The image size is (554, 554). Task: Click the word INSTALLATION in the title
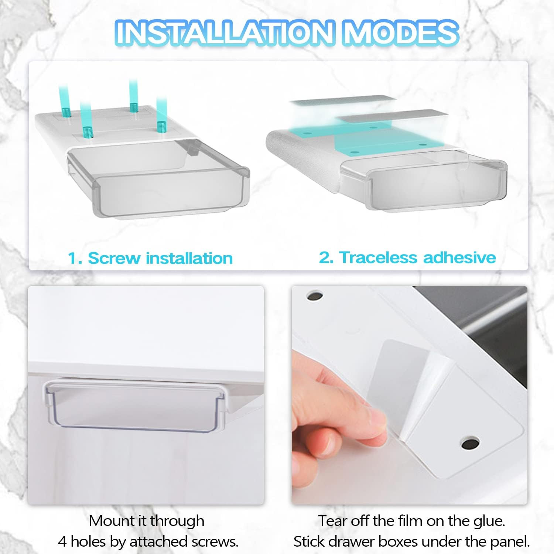point(226,33)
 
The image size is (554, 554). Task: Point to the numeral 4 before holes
point(62,542)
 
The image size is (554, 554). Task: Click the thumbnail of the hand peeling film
point(410,395)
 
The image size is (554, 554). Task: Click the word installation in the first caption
point(189,258)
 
